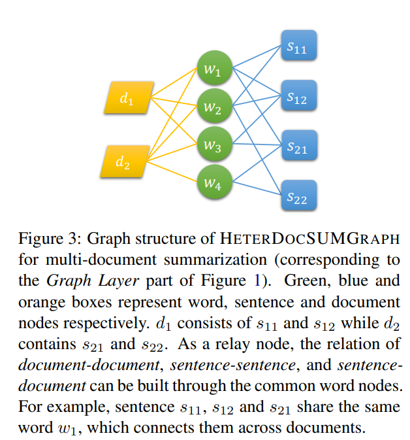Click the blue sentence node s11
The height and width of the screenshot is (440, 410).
pyautogui.click(x=297, y=47)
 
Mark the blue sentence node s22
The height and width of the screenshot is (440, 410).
pyautogui.click(x=297, y=196)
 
